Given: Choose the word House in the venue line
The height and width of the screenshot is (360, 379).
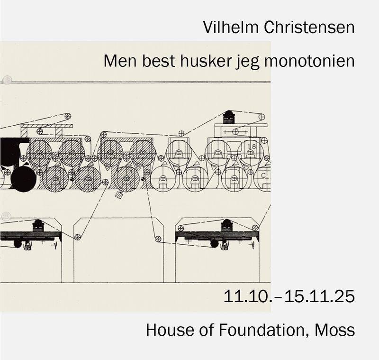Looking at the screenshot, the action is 166,329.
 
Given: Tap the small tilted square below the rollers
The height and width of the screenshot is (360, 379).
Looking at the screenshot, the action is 119,195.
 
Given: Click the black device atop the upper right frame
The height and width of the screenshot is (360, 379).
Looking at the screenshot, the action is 229,116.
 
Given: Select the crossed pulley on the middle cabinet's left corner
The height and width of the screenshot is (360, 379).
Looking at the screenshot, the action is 78,237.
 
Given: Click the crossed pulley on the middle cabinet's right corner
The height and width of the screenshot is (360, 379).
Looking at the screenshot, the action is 158,238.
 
